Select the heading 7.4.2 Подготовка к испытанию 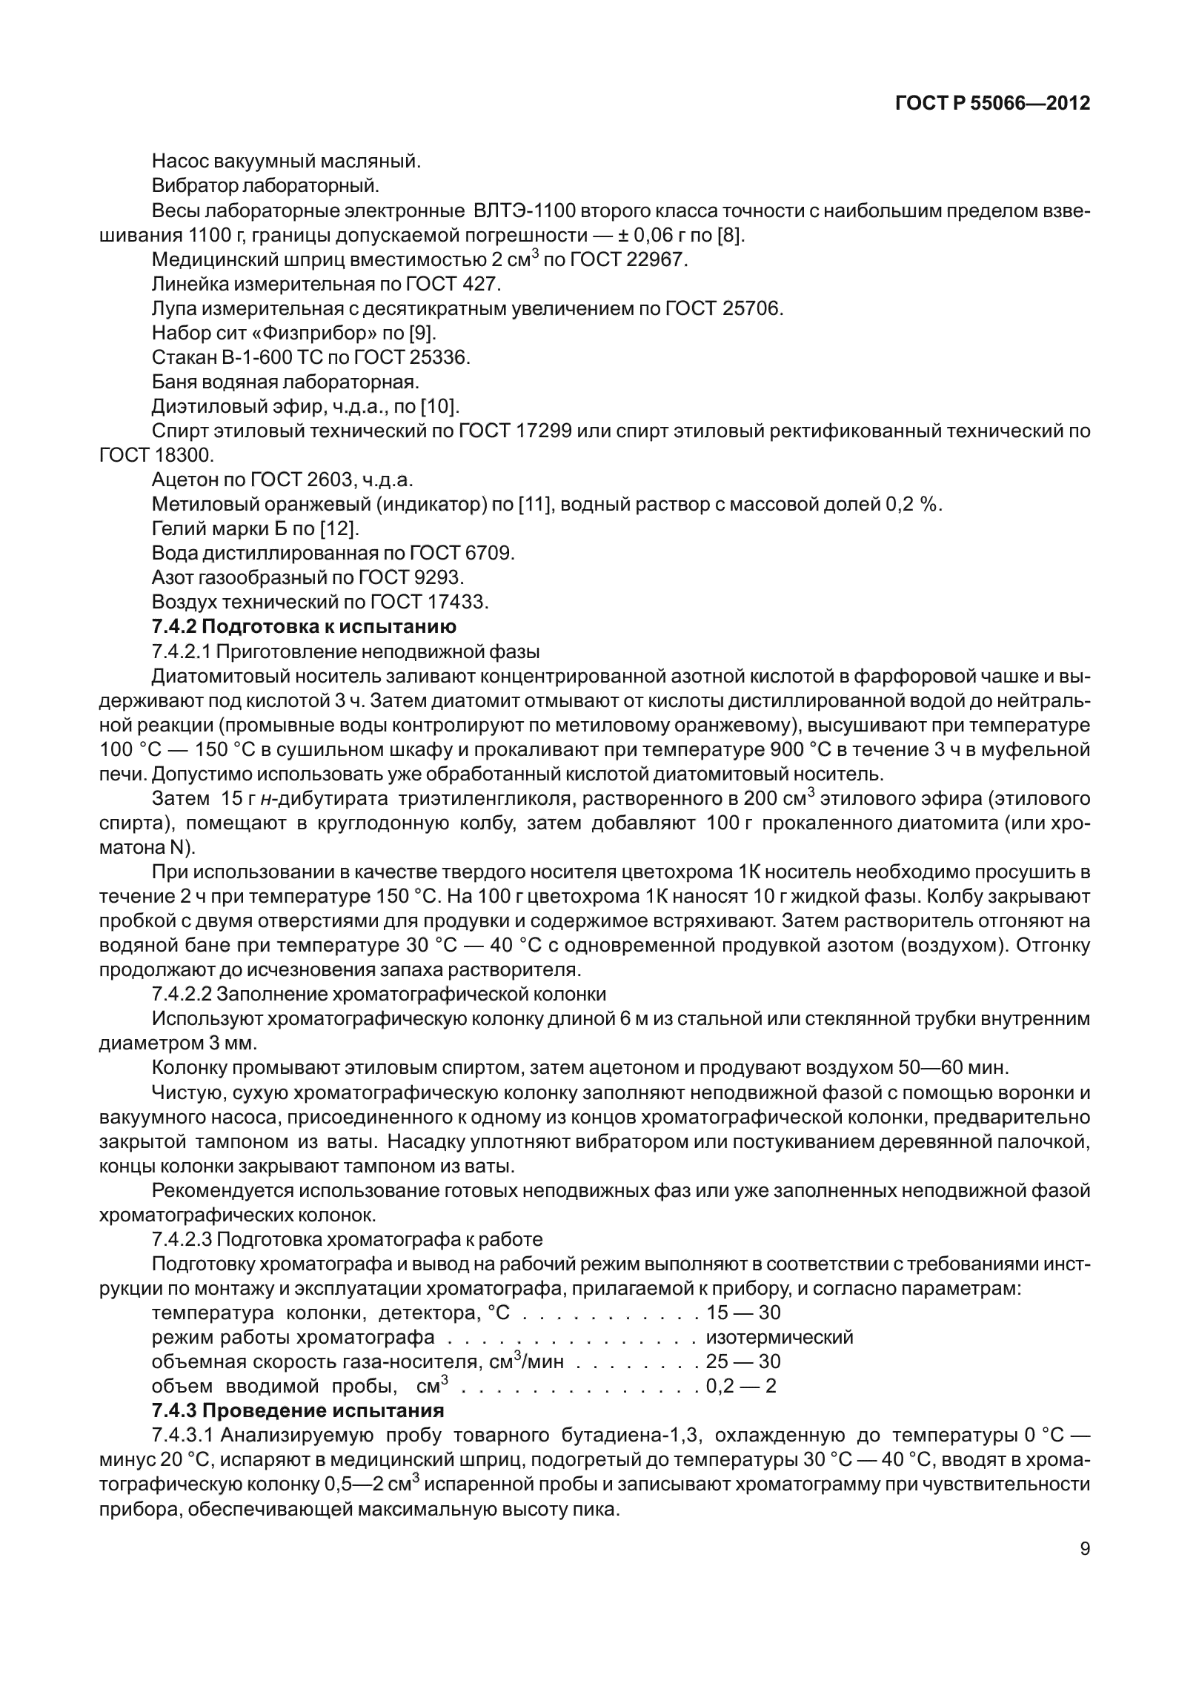point(304,626)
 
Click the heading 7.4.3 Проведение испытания point(297,1410)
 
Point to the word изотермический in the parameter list point(780,1337)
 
